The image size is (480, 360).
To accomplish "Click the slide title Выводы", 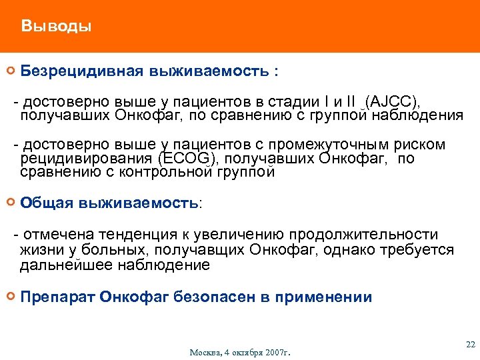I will pyautogui.click(x=56, y=27).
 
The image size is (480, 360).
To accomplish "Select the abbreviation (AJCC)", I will pyautogui.click(x=393, y=101).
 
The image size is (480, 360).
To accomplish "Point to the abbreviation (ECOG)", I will pyautogui.click(x=189, y=159).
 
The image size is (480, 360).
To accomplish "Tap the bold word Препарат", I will pyautogui.click(x=57, y=297).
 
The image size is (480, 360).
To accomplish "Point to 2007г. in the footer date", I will pyautogui.click(x=279, y=352).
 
